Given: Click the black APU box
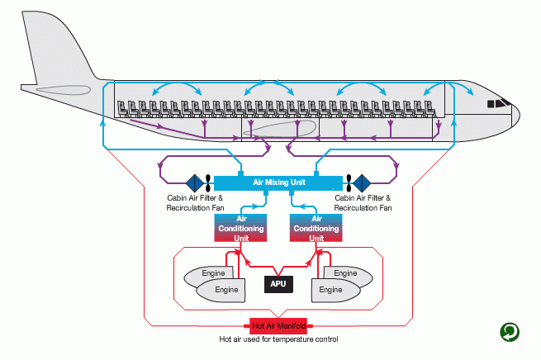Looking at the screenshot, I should [x=278, y=284].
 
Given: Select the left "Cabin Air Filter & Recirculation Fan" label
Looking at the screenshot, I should [x=195, y=203].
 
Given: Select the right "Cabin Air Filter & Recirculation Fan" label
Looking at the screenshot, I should [x=363, y=203].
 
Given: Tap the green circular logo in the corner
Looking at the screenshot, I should [x=510, y=332].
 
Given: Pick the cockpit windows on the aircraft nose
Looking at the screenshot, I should [x=498, y=104].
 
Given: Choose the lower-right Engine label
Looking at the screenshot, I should [x=330, y=290].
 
